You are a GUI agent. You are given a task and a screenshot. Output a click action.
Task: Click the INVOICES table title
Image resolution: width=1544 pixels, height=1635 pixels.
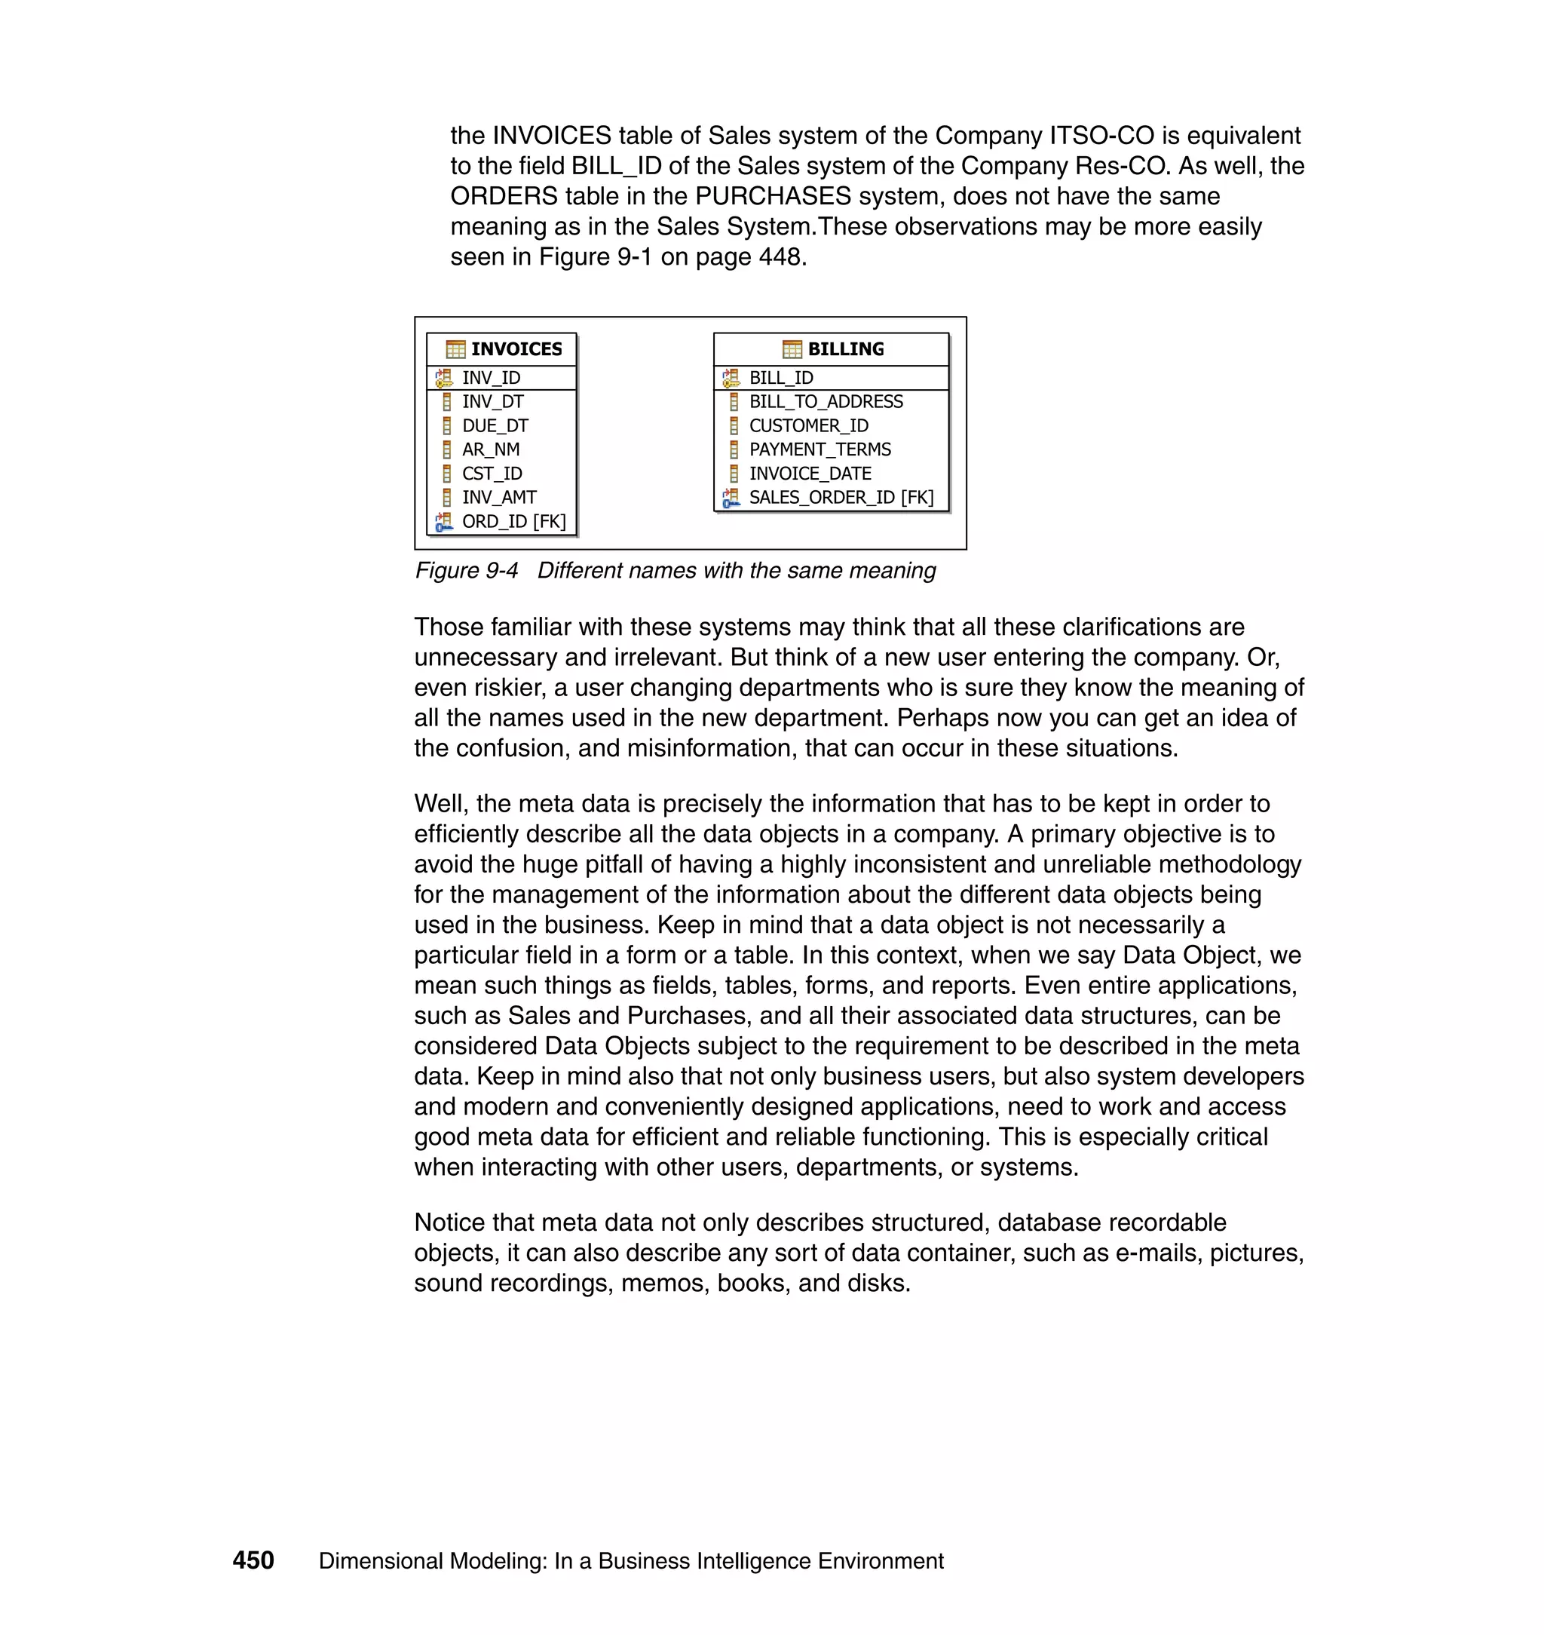[x=516, y=349]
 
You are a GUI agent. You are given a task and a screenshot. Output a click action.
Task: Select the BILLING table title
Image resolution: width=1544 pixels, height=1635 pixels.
[x=845, y=349]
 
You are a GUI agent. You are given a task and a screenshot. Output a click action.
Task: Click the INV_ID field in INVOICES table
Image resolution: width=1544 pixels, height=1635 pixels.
[x=492, y=378]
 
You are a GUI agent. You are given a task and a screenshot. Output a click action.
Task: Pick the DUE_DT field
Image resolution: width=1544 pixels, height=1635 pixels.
[x=495, y=425]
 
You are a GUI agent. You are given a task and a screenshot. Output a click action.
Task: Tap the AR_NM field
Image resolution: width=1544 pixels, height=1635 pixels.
[x=491, y=449]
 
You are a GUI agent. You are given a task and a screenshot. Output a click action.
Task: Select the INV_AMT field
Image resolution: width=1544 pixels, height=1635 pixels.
[x=499, y=497]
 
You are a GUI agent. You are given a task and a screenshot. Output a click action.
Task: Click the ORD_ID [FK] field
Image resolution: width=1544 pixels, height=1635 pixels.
[x=513, y=522]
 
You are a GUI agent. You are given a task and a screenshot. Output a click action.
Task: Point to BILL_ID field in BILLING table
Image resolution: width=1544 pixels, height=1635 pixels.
[x=780, y=378]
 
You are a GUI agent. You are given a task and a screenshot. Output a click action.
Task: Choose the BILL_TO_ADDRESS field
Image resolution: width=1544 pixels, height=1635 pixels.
[x=826, y=402]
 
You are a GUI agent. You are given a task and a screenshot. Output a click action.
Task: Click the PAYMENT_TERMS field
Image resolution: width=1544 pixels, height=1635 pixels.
[x=819, y=449]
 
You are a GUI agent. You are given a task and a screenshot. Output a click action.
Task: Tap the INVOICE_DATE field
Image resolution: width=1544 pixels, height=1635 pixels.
[x=810, y=474]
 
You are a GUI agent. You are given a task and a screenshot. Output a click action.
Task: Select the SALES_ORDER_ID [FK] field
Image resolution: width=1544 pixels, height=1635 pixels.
[x=841, y=497]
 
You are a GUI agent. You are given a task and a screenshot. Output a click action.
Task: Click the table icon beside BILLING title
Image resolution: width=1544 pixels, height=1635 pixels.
[x=792, y=349]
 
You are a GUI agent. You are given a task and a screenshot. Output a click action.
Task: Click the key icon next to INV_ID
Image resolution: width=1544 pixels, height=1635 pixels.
[x=443, y=378]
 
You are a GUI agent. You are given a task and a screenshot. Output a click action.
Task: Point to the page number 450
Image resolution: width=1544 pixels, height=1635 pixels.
[x=253, y=1560]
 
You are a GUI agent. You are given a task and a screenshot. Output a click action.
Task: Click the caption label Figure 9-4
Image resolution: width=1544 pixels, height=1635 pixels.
[x=466, y=571]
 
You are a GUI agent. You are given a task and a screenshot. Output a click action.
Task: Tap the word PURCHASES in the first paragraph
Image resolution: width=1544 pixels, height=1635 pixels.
[x=773, y=196]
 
